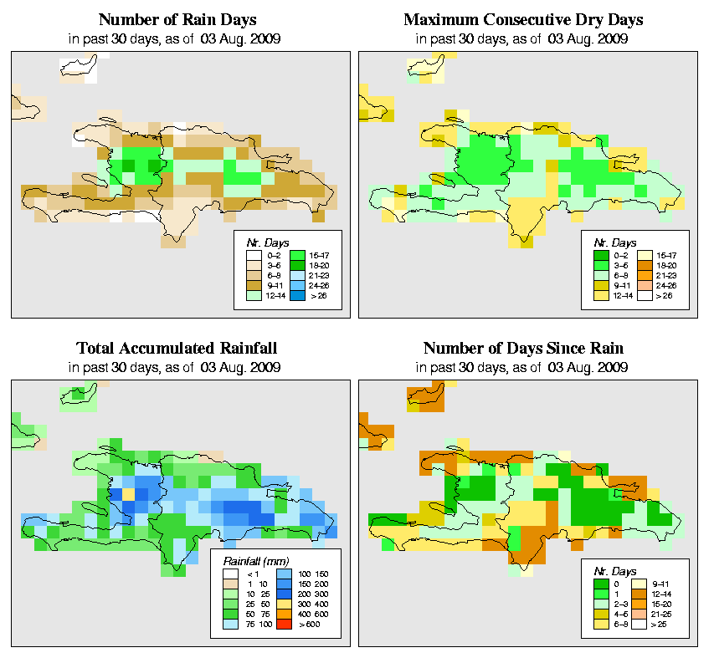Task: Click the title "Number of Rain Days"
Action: (x=177, y=19)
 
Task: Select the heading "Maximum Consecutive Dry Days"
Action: (x=523, y=19)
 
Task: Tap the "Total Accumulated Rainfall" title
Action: (x=177, y=348)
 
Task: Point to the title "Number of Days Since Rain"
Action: (x=523, y=348)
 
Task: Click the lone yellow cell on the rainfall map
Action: (x=128, y=493)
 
